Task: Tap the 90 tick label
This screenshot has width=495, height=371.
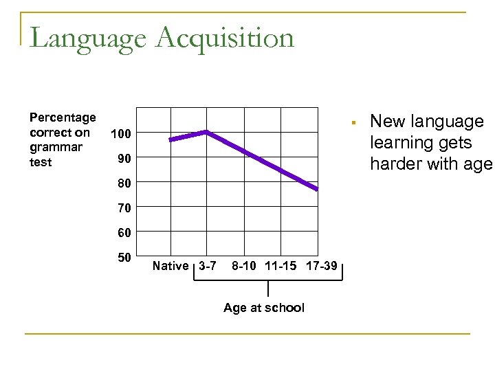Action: click(x=122, y=159)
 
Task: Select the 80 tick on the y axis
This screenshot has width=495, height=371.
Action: click(x=122, y=183)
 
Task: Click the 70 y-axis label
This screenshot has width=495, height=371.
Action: click(x=122, y=207)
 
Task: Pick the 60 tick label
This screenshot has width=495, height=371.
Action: click(x=122, y=232)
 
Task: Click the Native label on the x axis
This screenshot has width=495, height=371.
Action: click(x=170, y=266)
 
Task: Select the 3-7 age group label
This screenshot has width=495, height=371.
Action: click(x=207, y=266)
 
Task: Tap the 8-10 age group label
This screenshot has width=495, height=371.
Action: click(x=245, y=266)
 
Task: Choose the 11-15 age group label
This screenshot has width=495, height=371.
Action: click(x=283, y=266)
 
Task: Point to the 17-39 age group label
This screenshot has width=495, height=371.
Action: click(x=321, y=266)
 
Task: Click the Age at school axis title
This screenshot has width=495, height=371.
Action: click(x=264, y=308)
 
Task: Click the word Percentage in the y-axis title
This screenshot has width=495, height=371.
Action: click(x=63, y=118)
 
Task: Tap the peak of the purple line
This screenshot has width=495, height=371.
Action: click(x=205, y=132)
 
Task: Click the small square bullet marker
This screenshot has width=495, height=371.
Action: click(x=351, y=123)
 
